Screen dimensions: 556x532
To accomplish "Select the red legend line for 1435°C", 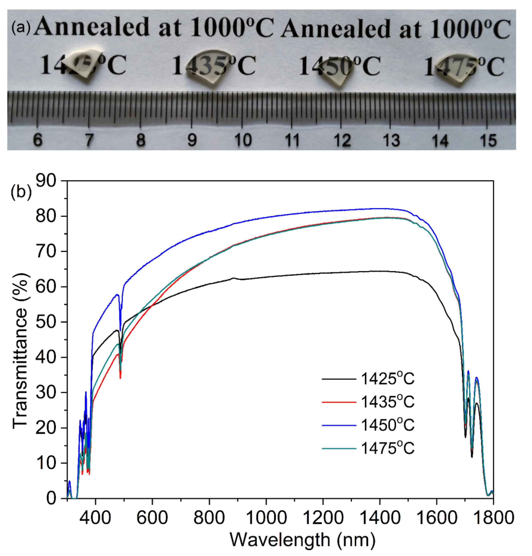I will pyautogui.click(x=339, y=402).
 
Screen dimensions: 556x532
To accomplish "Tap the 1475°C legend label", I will pyautogui.click(x=387, y=448).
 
